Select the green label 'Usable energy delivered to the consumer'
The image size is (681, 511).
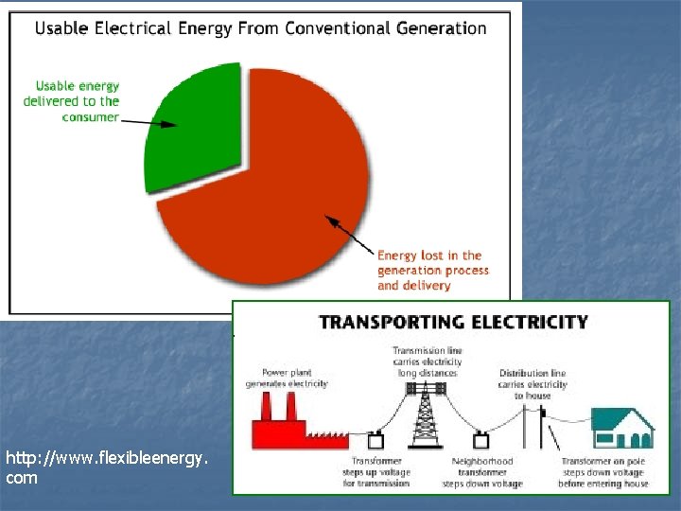(72, 101)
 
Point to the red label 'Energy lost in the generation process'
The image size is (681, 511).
(432, 270)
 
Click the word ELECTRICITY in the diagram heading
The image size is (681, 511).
(529, 322)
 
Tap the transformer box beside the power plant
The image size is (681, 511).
(376, 440)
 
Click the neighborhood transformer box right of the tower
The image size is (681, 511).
(480, 439)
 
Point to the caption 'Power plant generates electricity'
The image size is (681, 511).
(287, 378)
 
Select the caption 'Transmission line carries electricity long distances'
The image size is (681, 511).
(428, 361)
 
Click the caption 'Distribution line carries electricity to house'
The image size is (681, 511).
(533, 384)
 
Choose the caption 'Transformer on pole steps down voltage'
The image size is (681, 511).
(603, 472)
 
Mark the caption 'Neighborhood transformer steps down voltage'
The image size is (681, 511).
(482, 472)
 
